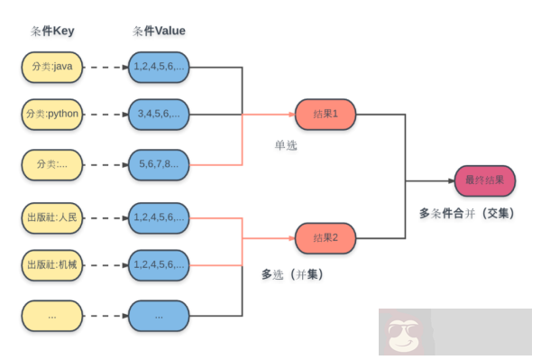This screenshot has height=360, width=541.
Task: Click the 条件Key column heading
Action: pyautogui.click(x=52, y=31)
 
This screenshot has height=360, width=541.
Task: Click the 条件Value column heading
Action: pyautogui.click(x=159, y=31)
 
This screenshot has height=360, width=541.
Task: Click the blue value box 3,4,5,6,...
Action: pyautogui.click(x=159, y=115)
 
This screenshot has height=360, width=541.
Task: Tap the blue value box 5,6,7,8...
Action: pyautogui.click(x=159, y=164)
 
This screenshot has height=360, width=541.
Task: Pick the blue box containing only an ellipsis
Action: pyautogui.click(x=159, y=316)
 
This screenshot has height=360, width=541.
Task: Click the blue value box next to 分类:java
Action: pyautogui.click(x=159, y=66)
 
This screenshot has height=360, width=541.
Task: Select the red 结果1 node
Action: pyautogui.click(x=325, y=115)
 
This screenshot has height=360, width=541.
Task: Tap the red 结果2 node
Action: pyautogui.click(x=325, y=238)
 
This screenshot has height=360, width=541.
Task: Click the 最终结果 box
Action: pyautogui.click(x=485, y=180)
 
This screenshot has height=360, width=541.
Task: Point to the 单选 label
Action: pyautogui.click(x=287, y=144)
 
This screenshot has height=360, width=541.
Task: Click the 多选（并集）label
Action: pyautogui.click(x=292, y=273)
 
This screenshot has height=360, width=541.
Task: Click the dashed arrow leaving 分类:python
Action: pyautogui.click(x=106, y=115)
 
